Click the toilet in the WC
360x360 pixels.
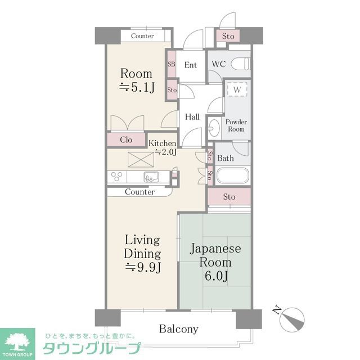click(240, 64)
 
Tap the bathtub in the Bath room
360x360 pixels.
click(232, 176)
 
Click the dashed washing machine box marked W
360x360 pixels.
click(237, 89)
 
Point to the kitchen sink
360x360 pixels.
click(151, 177)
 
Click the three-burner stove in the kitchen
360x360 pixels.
click(117, 177)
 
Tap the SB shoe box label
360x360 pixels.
click(171, 64)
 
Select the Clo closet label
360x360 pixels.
click(126, 139)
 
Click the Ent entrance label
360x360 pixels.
click(191, 65)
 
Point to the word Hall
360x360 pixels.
click(192, 117)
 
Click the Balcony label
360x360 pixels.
click(179, 329)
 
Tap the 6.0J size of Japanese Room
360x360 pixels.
click(216, 276)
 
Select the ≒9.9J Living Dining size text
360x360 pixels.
click(143, 267)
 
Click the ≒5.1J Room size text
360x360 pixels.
click(137, 87)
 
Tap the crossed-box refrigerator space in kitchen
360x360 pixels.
click(141, 160)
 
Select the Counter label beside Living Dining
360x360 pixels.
click(139, 192)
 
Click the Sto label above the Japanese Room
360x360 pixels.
click(229, 197)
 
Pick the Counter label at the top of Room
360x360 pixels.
click(142, 36)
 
